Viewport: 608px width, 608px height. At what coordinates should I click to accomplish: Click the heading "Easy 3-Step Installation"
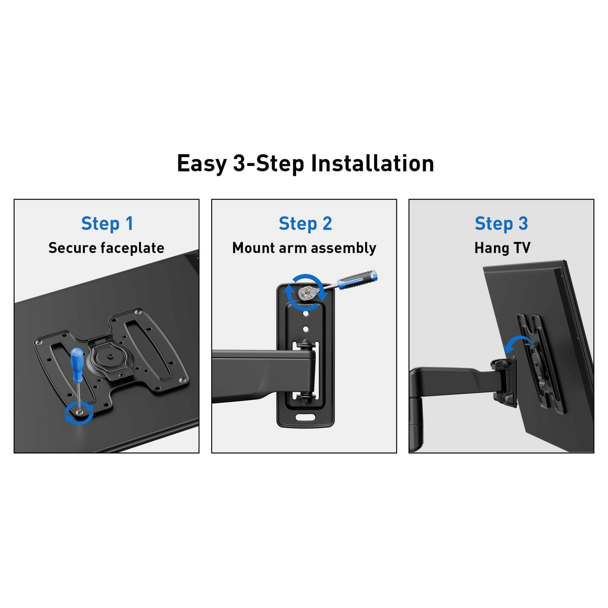(305, 164)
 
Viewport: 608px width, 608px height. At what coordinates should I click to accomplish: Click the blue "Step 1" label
(107, 224)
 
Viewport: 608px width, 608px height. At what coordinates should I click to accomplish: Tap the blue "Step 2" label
(305, 224)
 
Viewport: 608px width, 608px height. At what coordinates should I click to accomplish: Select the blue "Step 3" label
(501, 224)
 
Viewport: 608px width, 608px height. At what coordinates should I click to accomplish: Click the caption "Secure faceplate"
(106, 248)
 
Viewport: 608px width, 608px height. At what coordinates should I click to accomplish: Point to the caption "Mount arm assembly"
(304, 248)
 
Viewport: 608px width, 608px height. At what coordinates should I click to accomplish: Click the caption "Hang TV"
(502, 248)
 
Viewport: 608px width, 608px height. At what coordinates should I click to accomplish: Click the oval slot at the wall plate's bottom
(305, 417)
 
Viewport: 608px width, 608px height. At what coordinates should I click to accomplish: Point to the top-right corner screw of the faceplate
(137, 312)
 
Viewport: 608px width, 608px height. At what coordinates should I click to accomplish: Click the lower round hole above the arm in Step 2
(305, 329)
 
